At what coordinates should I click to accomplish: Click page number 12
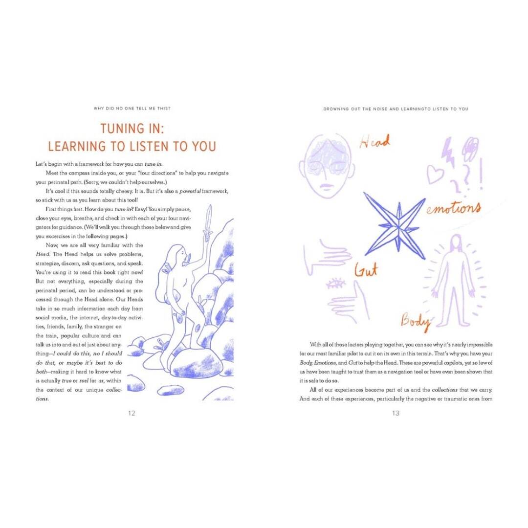[132, 413]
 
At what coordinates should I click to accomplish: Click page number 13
[396, 413]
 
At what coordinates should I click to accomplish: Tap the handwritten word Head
[374, 142]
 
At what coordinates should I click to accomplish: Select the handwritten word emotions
[454, 208]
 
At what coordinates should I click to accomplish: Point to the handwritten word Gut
[366, 270]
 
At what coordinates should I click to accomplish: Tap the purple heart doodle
[436, 174]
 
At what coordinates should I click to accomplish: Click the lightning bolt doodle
[448, 152]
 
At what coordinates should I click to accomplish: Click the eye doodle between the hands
[335, 284]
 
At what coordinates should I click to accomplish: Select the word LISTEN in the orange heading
[149, 147]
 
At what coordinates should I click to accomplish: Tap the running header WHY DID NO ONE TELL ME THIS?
[132, 109]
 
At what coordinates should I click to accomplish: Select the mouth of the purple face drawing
[326, 186]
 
